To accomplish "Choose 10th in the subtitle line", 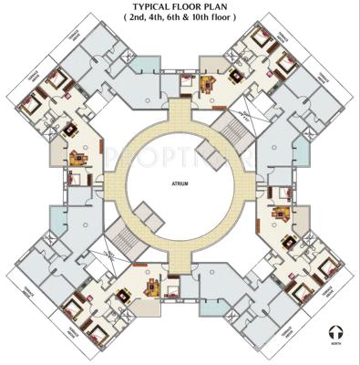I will click(204, 18).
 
